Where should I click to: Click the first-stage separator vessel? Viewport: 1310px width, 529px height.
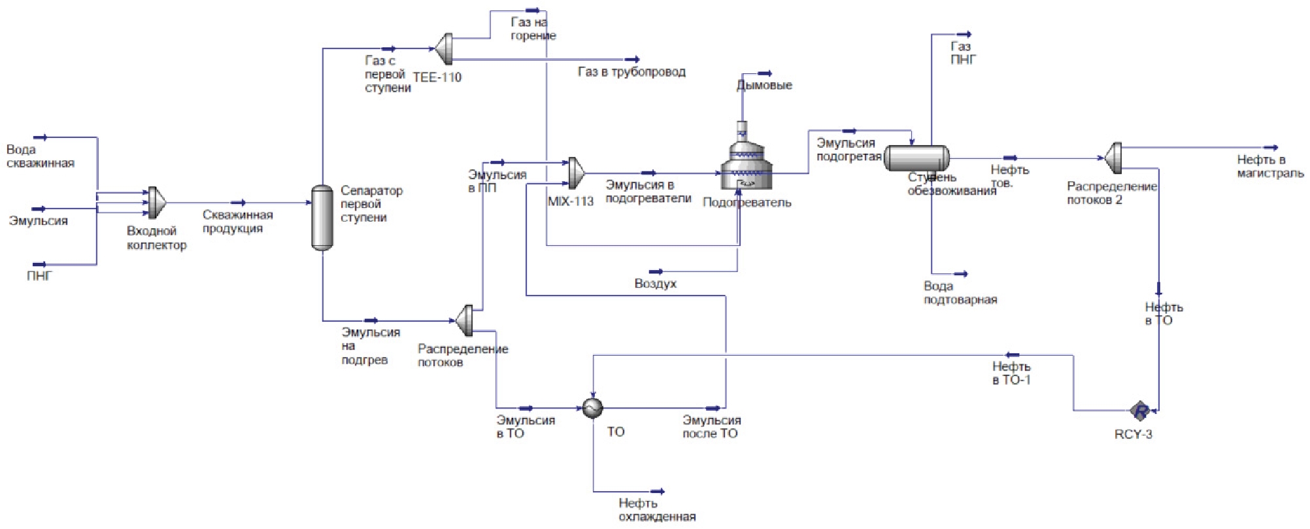(322, 217)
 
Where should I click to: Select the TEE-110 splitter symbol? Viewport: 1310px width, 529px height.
(445, 49)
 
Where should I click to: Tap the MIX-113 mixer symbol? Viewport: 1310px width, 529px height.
(575, 173)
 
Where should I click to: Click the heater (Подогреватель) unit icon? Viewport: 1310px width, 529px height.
(745, 163)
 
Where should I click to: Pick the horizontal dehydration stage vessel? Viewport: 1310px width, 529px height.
(916, 158)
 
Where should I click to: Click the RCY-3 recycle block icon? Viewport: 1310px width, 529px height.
(1140, 411)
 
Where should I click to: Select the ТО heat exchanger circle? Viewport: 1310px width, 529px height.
(592, 408)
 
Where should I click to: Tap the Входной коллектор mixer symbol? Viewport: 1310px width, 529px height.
(156, 203)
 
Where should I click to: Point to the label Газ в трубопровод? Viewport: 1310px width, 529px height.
(631, 72)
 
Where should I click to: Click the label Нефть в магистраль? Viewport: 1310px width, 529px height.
(1269, 167)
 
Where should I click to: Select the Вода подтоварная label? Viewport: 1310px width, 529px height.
(960, 293)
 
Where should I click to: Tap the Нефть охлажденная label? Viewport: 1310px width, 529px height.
(656, 510)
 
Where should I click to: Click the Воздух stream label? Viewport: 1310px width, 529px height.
(655, 284)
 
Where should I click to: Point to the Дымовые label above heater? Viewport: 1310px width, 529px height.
(764, 85)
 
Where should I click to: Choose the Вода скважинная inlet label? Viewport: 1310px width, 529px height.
(40, 156)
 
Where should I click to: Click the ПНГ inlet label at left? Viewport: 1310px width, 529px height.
(39, 276)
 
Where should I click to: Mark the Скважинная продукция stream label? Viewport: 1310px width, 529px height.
(237, 222)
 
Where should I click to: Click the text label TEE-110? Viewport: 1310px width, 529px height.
(437, 77)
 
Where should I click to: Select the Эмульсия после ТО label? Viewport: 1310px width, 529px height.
(711, 426)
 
